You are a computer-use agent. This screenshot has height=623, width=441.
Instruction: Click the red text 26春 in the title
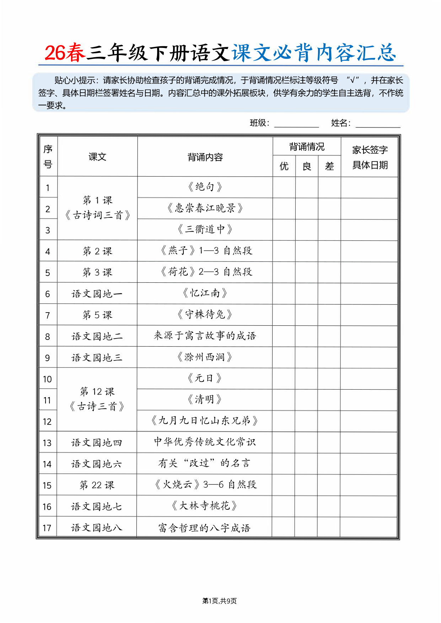(65, 53)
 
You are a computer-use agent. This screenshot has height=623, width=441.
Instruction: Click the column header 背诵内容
(205, 157)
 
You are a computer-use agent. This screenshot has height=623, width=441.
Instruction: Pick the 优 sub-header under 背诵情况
(284, 166)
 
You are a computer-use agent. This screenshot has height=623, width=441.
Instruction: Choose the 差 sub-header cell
(329, 166)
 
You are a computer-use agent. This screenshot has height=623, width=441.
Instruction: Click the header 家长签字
(370, 150)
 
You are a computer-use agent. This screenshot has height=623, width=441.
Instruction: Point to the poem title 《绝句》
(205, 187)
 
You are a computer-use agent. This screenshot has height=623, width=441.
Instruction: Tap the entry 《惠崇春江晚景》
(205, 208)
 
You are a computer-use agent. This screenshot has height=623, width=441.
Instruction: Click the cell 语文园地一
(97, 294)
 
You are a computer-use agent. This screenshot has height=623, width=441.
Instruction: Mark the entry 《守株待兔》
(205, 314)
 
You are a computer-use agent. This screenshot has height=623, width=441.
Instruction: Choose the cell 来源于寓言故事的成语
(205, 336)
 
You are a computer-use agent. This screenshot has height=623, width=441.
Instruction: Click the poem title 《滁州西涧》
(205, 357)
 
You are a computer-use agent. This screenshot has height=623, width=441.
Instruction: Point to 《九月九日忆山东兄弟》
(205, 421)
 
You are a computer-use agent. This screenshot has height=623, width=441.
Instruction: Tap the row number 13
(47, 443)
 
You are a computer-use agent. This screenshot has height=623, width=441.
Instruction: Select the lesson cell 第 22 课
(97, 485)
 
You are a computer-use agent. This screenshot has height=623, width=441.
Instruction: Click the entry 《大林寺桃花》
(205, 506)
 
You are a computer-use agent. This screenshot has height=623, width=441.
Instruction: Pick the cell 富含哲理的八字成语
(205, 528)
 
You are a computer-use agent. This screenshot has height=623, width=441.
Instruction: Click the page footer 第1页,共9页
(219, 601)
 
